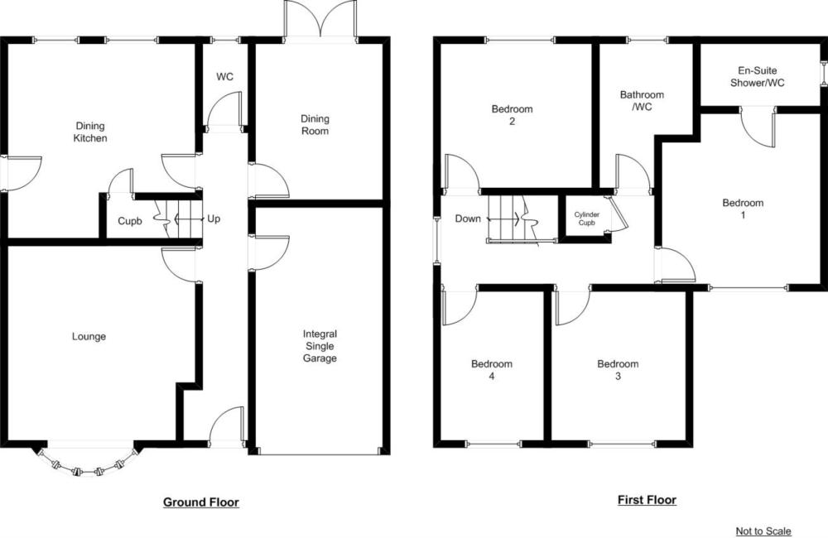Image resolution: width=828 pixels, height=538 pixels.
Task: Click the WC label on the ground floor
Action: point(224,77)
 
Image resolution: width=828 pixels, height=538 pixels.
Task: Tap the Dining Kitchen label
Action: point(90,132)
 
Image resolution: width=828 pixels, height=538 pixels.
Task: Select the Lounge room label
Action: point(89,336)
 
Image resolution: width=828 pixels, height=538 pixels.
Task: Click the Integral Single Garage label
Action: point(320,346)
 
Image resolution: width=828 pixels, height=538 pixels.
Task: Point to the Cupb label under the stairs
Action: point(129,221)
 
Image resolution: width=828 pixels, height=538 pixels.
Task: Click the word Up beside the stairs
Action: point(214,219)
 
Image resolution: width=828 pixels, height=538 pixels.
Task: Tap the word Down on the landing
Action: point(468,219)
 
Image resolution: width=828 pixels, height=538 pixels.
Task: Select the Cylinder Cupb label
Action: point(587,219)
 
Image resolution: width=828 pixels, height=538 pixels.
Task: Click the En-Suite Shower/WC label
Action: point(758,76)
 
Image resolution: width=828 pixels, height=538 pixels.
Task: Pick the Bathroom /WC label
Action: point(642,101)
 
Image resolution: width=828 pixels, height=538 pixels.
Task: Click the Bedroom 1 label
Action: point(743,209)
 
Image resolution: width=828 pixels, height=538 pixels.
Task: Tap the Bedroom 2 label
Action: point(512,115)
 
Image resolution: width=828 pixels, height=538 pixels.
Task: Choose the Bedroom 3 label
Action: point(618,370)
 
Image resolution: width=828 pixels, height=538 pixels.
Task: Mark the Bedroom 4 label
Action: point(492,370)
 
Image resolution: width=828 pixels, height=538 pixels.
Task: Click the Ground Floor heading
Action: point(200,502)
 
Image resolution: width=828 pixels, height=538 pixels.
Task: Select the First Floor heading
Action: point(647,499)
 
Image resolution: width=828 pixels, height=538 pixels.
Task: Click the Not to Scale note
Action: point(763,531)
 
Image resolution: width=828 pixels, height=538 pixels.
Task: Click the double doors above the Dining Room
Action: point(320,20)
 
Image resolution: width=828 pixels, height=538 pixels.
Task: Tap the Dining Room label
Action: point(315,125)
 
